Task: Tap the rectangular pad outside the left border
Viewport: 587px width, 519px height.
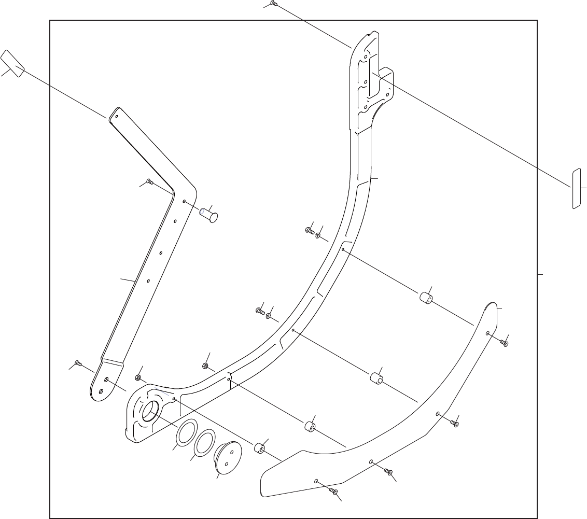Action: (x=12, y=63)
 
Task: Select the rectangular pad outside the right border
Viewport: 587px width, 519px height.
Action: (x=576, y=188)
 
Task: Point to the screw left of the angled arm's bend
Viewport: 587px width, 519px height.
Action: (x=149, y=181)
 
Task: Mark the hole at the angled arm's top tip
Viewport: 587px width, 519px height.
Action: (x=116, y=116)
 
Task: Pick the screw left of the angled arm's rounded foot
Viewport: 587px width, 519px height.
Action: (x=78, y=363)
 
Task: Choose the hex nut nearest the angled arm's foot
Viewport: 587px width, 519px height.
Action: (x=138, y=377)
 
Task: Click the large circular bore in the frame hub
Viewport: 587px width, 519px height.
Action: (x=150, y=412)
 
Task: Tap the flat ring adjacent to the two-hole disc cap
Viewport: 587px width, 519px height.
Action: (x=205, y=441)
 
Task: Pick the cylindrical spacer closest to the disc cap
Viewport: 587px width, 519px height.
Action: (x=259, y=447)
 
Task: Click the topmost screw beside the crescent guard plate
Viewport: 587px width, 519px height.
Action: (x=506, y=343)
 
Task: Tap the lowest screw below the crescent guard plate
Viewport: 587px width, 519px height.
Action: (x=335, y=491)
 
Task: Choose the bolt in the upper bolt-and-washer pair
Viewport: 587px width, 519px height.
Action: (x=310, y=230)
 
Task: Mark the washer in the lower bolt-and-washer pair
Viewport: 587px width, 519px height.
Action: (x=269, y=316)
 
